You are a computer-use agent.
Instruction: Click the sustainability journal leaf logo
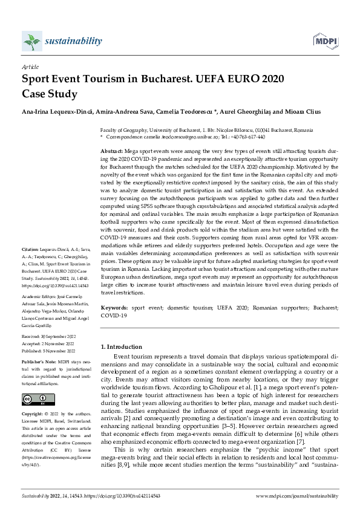[31, 41]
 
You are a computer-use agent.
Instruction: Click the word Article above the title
[30, 68]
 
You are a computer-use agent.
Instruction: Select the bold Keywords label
[114, 308]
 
